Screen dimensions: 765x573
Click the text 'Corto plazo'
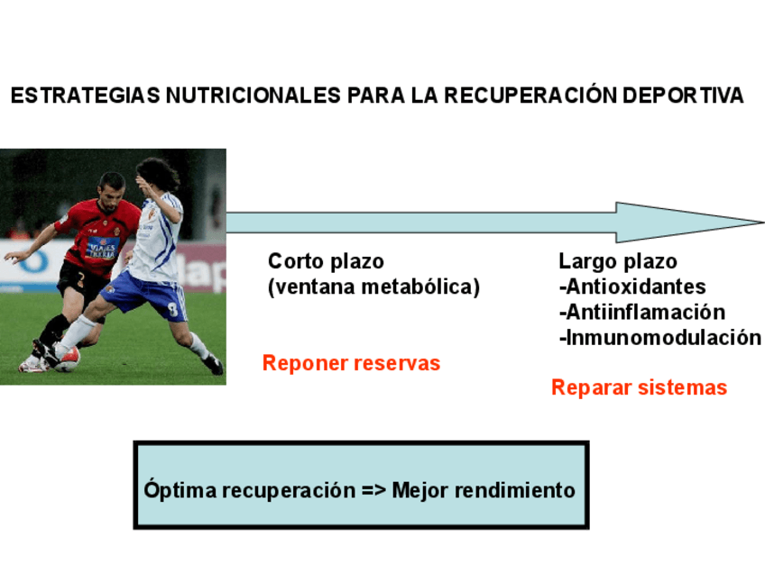click(326, 261)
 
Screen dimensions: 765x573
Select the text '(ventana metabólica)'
click(373, 287)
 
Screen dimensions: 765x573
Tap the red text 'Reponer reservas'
click(351, 363)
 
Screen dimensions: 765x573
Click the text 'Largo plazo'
click(618, 261)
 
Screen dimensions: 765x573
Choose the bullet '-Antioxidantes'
click(632, 287)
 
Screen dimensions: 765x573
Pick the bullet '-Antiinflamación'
click(641, 313)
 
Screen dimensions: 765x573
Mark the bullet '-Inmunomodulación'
click(659, 338)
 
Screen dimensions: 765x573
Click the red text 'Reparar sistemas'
click(639, 387)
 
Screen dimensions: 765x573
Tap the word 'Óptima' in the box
click(180, 491)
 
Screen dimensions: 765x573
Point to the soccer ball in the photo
click(67, 358)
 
